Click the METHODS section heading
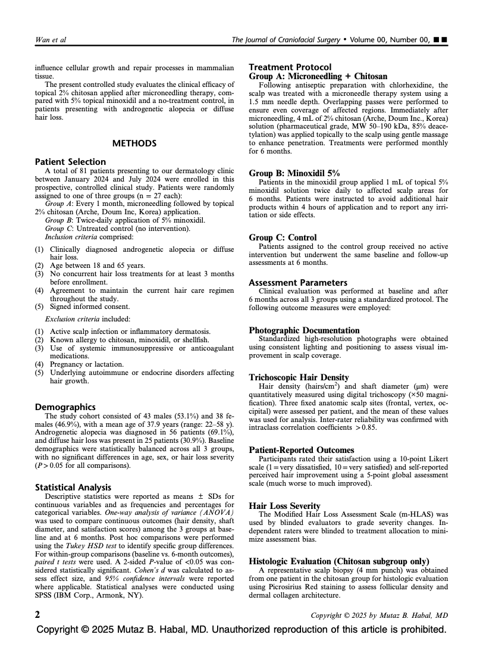pos(134,143)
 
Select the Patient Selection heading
pos(70,162)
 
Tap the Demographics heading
pos(65,407)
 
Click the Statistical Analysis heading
pos(73,487)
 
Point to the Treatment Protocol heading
pos(290,67)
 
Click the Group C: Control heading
pos(283,237)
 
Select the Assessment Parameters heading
pos(298,283)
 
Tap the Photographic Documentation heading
pos(304,330)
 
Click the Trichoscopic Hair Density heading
pos(299,377)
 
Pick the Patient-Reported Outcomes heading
pos(301,450)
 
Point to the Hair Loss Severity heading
pos(284,506)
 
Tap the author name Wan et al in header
pos(51,40)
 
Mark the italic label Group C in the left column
pos(58,228)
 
